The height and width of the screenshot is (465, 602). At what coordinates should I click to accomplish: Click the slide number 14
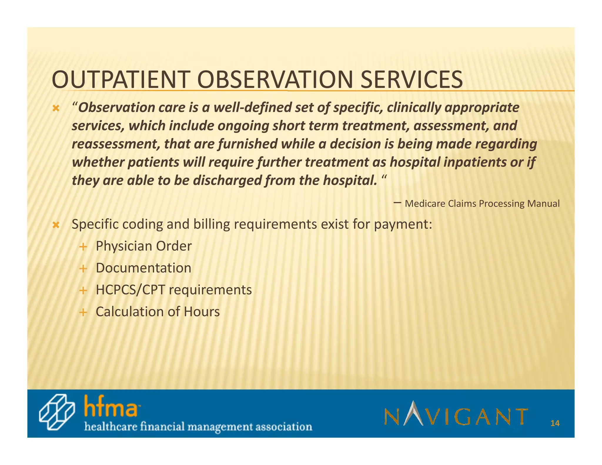pyautogui.click(x=555, y=423)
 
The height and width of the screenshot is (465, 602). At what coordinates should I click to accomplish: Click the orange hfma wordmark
pyautogui.click(x=111, y=407)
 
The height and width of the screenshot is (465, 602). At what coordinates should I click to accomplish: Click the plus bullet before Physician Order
pyautogui.click(x=83, y=247)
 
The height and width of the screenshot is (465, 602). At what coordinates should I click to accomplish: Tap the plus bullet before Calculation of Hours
pyautogui.click(x=83, y=312)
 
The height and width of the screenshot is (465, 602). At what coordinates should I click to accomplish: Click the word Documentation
pyautogui.click(x=143, y=268)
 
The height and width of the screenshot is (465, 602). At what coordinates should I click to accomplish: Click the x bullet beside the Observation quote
pyautogui.click(x=56, y=109)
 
